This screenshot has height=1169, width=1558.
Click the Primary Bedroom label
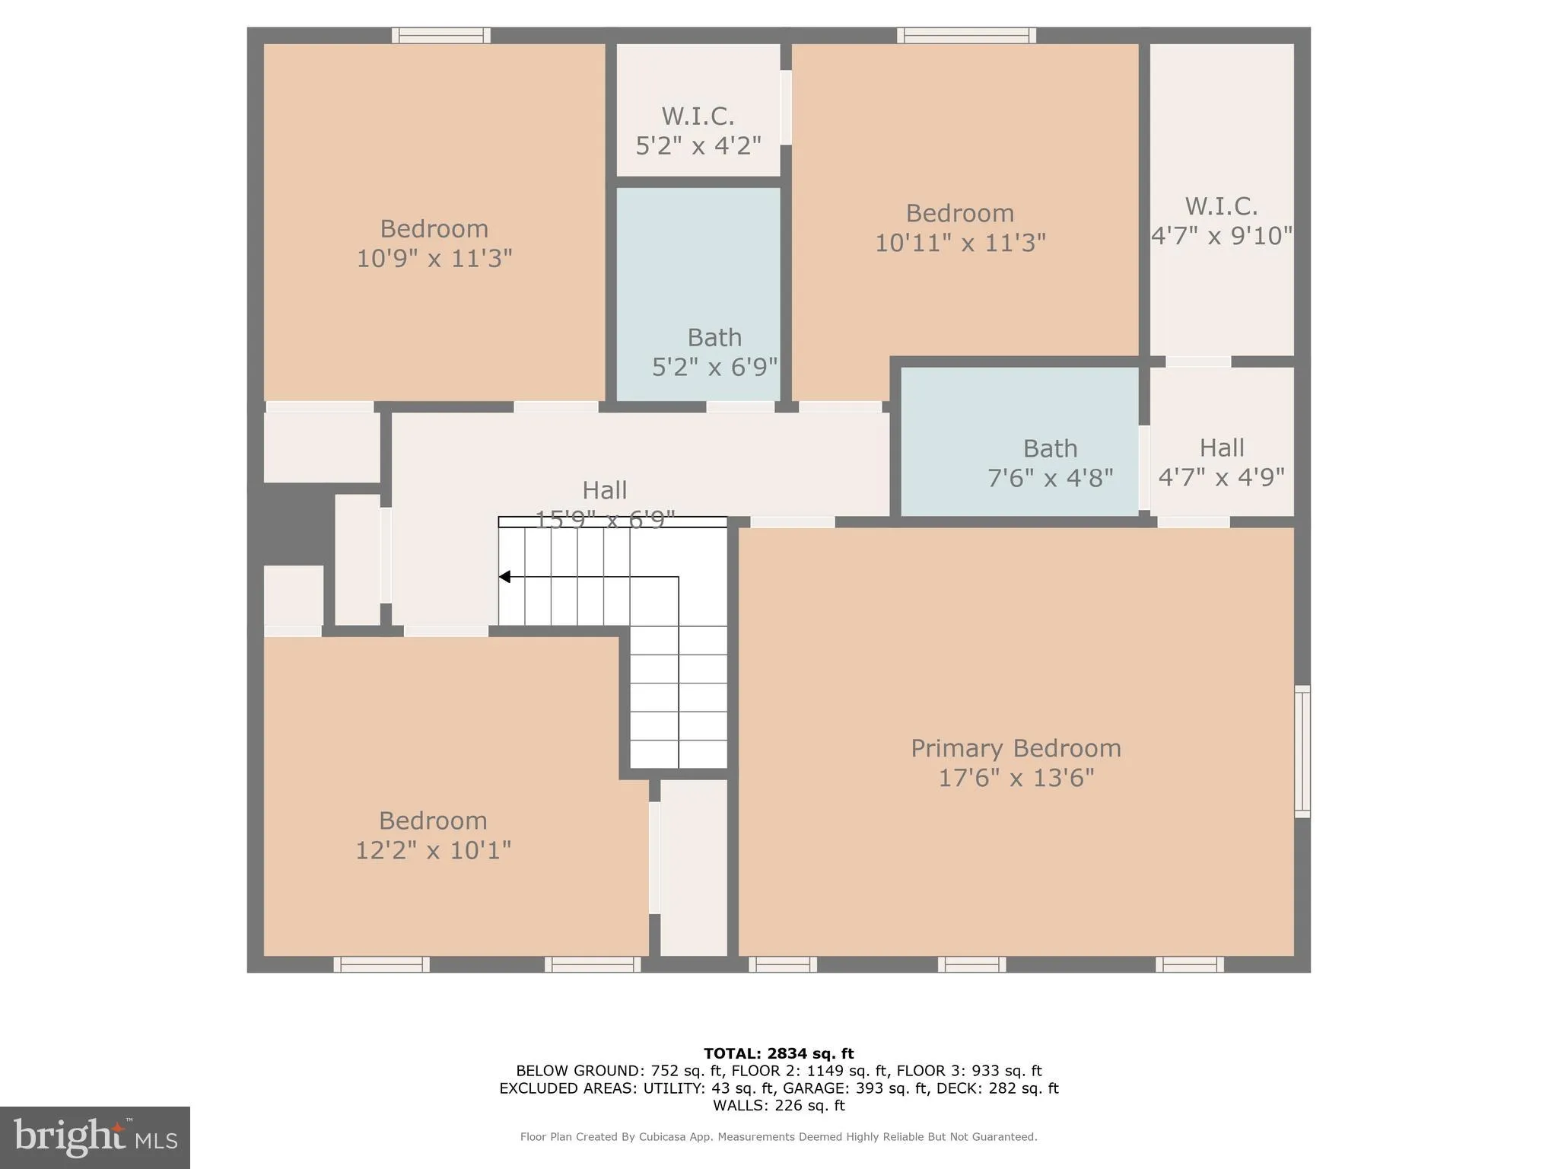[1016, 748]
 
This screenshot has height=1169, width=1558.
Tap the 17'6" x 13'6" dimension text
[1016, 778]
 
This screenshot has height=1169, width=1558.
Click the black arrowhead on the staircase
[504, 577]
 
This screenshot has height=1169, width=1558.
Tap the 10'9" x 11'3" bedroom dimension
[434, 259]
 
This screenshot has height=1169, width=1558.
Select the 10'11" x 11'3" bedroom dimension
[960, 243]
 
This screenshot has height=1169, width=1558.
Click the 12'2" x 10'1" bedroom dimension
[433, 850]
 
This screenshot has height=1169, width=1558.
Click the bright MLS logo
[95, 1137]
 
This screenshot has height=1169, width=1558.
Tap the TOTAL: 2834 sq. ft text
[778, 1053]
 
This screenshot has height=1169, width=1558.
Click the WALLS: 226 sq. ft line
[778, 1105]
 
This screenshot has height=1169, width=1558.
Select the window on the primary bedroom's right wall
[1302, 751]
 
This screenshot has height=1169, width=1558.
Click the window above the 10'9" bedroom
[441, 35]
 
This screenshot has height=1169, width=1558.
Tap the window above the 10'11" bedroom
[966, 35]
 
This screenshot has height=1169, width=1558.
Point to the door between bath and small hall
[1144, 467]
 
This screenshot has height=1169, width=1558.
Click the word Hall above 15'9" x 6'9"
[604, 490]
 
